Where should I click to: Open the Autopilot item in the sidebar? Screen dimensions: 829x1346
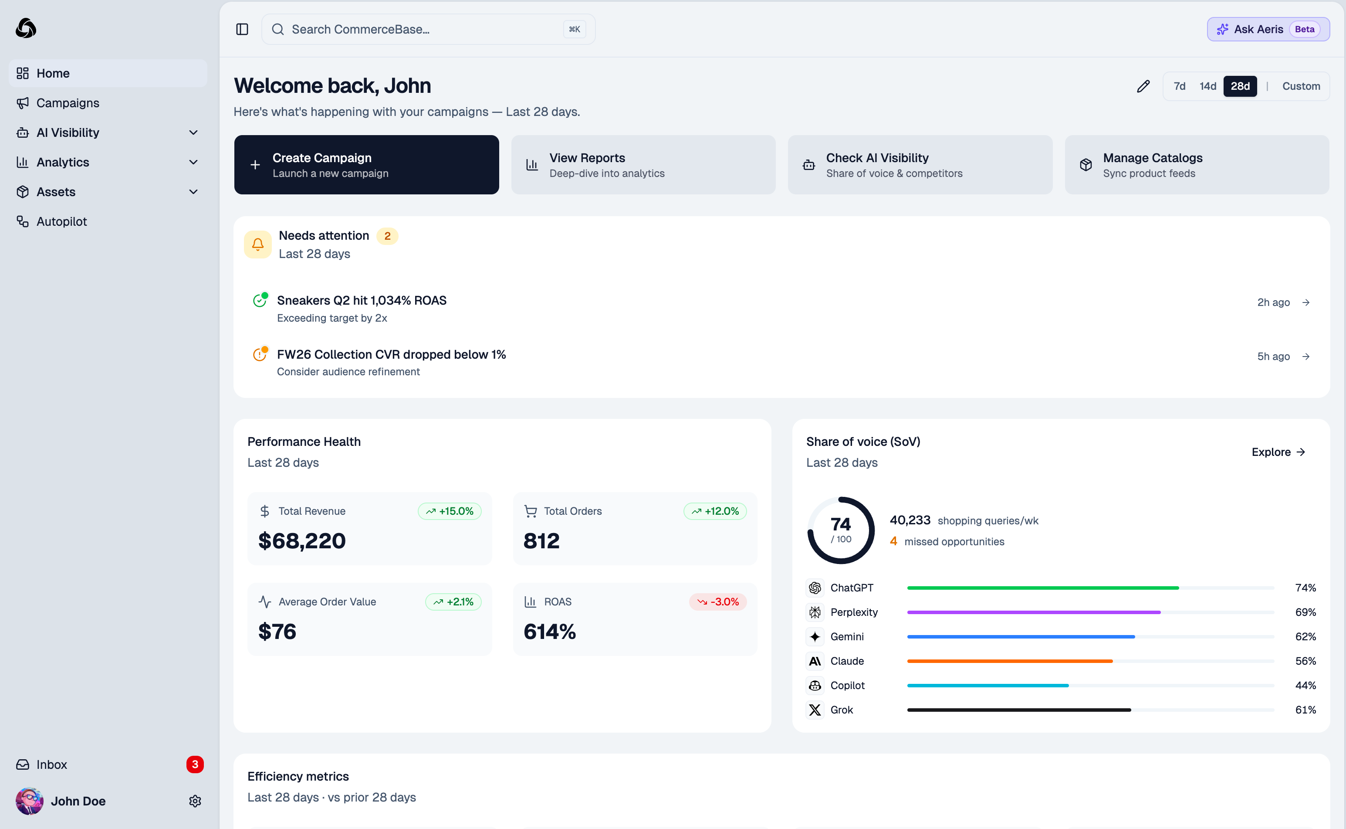click(61, 221)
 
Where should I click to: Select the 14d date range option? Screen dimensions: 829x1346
click(1207, 86)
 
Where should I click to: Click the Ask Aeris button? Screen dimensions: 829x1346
click(1268, 29)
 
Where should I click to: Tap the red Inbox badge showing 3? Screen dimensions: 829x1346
click(194, 764)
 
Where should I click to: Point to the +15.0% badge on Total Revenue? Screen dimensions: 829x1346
click(449, 511)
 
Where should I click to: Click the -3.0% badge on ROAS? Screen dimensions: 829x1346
click(717, 601)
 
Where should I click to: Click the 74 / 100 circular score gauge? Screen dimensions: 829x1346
click(840, 530)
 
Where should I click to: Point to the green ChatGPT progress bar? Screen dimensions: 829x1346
click(1042, 588)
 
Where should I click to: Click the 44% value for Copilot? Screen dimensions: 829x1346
click(1305, 685)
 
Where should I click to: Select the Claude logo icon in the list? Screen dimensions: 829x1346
click(815, 661)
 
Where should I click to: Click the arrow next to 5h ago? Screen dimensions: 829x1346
click(1306, 357)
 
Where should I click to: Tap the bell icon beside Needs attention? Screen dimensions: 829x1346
click(257, 244)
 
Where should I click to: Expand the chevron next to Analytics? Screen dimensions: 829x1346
click(193, 162)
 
